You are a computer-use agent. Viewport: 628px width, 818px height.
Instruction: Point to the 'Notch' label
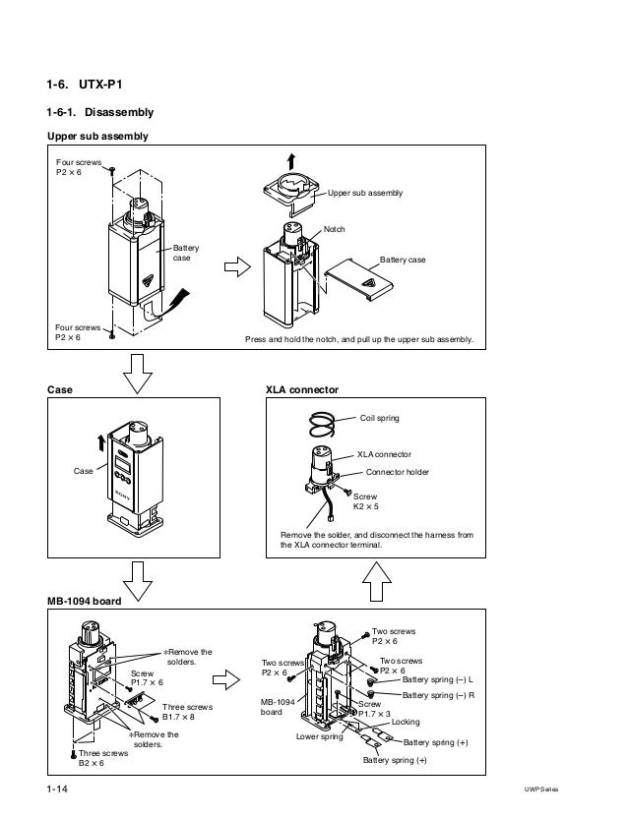point(335,228)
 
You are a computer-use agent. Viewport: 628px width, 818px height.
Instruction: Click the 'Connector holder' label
point(398,472)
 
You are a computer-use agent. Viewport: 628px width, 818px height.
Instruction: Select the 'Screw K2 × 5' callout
point(365,501)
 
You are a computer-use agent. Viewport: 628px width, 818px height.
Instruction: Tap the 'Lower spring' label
point(318,736)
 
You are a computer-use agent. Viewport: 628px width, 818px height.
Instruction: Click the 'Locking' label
point(405,722)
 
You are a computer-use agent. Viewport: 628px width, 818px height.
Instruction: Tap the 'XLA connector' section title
point(302,389)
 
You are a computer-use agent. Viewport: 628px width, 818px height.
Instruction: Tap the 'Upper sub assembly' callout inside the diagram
point(365,194)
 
